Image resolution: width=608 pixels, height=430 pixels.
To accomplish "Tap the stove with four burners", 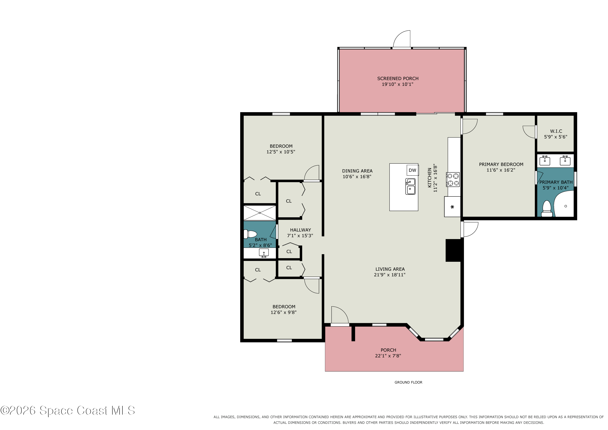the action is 453,180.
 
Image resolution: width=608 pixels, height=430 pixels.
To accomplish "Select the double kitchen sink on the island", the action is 410,186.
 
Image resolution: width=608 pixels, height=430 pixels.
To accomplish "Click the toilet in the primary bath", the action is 547,209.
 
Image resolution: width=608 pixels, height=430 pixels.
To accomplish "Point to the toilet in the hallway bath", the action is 250,234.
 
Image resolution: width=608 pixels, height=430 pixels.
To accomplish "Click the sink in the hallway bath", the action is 264,253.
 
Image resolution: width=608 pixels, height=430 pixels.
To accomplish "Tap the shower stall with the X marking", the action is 260,213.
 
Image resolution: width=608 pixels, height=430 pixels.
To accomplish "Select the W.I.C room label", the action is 556,131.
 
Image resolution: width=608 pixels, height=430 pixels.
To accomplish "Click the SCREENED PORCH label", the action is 398,79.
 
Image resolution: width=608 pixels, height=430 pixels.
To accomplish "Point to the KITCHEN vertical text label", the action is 429,178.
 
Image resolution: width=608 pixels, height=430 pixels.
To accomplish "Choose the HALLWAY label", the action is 300,230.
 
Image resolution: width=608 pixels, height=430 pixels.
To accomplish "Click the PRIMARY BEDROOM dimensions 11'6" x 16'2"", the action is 501,170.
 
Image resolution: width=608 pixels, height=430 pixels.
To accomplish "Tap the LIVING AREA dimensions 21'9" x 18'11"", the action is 390,275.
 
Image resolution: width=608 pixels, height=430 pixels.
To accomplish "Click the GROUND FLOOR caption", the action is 408,382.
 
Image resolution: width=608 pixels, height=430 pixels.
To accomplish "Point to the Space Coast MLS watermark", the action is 67,411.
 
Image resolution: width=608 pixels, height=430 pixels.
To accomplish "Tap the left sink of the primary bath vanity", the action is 545,161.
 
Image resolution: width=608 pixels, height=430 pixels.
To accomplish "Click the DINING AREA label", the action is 357,171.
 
